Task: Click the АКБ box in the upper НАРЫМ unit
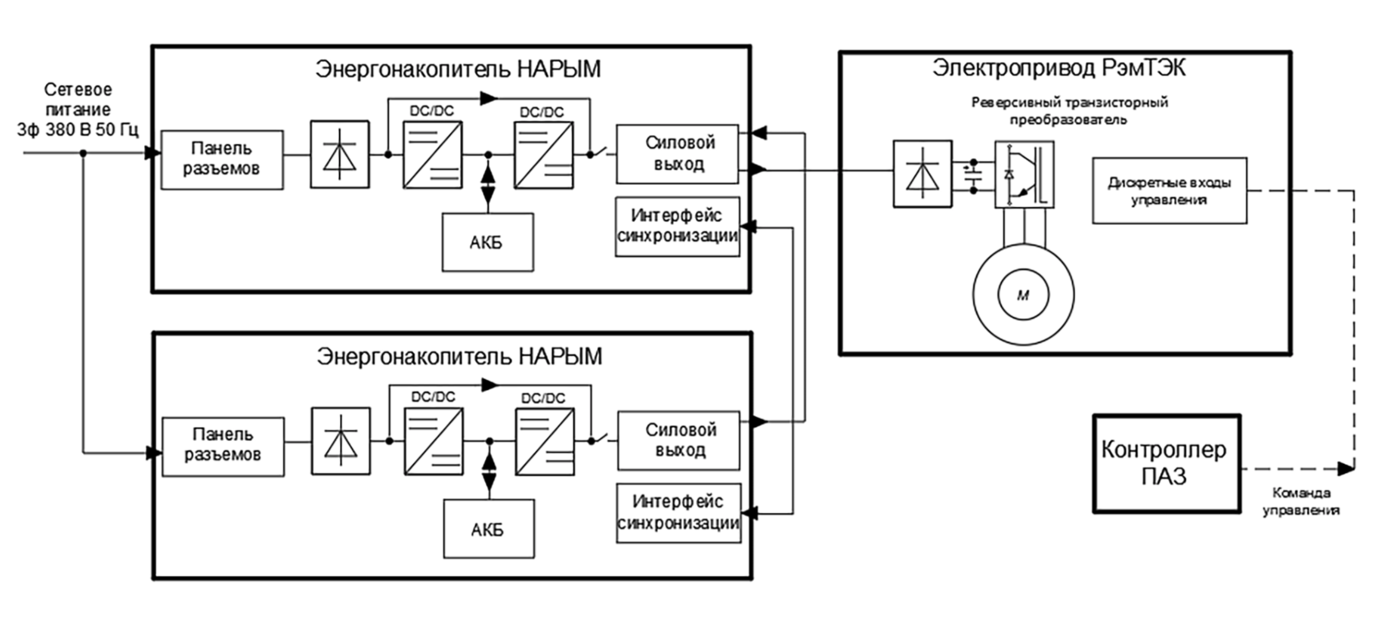coord(487,242)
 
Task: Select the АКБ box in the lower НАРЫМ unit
coord(488,529)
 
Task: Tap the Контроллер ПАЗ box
coord(1166,464)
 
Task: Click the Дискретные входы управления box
coord(1169,191)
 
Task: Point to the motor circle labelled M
coord(1023,295)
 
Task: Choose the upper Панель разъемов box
coord(222,160)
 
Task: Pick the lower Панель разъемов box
coord(223,446)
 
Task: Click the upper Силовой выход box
coord(677,154)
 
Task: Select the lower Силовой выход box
coord(678,440)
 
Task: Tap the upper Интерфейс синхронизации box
coord(677,226)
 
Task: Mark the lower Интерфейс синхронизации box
coord(678,513)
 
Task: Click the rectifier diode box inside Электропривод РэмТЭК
coord(922,173)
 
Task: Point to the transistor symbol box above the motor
coord(1024,174)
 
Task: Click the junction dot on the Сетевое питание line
coord(83,153)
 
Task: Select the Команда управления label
coord(1301,502)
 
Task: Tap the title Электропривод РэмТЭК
coord(1059,68)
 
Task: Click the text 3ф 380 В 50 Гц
coord(78,130)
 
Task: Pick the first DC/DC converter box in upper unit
coord(432,155)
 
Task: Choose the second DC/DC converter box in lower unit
coord(544,441)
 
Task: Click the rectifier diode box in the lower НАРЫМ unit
coord(341,441)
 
